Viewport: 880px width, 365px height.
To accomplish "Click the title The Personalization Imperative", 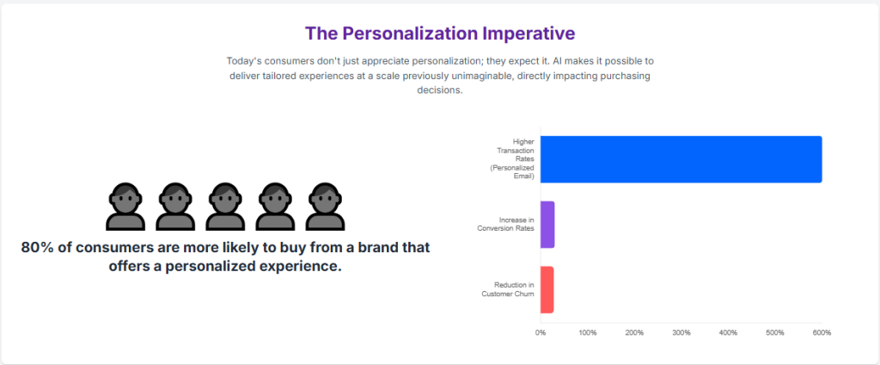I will (x=439, y=34).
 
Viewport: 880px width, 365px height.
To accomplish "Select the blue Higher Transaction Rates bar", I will (x=681, y=159).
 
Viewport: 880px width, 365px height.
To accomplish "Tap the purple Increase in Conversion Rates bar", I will (x=547, y=225).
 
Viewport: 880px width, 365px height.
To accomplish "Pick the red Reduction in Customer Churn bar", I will (x=547, y=289).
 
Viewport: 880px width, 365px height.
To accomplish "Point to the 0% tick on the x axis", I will (x=540, y=332).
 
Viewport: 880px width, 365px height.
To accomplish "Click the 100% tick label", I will (x=588, y=332).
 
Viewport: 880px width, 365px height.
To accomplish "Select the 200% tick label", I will (x=634, y=332).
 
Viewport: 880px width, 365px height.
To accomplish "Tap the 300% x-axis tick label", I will (x=681, y=332).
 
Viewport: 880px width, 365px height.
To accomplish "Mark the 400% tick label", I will (x=728, y=332).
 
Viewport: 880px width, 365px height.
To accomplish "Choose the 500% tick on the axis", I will (x=775, y=332).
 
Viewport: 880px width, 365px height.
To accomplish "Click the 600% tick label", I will (x=822, y=332).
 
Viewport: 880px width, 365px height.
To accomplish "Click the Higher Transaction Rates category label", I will (x=512, y=158).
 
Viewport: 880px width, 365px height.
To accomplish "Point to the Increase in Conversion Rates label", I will (x=506, y=225).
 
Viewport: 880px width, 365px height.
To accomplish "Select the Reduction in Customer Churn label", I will (x=508, y=289).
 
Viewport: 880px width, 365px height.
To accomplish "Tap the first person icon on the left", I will (x=125, y=207).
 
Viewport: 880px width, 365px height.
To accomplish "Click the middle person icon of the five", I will (x=224, y=207).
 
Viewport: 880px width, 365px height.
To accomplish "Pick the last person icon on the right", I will (x=324, y=207).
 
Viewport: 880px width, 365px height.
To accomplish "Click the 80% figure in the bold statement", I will (x=37, y=248).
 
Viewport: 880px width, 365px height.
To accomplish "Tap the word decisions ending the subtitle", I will (x=439, y=90).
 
